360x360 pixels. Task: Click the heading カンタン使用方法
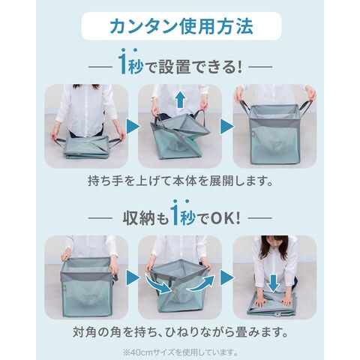181,26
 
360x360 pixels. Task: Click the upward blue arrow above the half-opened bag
181,99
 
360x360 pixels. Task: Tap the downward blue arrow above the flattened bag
274,282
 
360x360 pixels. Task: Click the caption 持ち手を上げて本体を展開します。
180,181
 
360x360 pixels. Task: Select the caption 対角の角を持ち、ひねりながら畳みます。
180,331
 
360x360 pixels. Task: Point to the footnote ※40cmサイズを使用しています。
180,352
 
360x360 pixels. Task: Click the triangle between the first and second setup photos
133,127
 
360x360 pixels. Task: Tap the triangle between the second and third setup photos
226,127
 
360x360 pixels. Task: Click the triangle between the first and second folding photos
133,277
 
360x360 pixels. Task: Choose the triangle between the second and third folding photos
226,277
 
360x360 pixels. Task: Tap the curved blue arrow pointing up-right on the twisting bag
201,283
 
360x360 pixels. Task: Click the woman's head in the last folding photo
274,245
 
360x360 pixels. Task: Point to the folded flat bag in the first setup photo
87,147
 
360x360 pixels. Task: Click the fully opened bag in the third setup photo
274,133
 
